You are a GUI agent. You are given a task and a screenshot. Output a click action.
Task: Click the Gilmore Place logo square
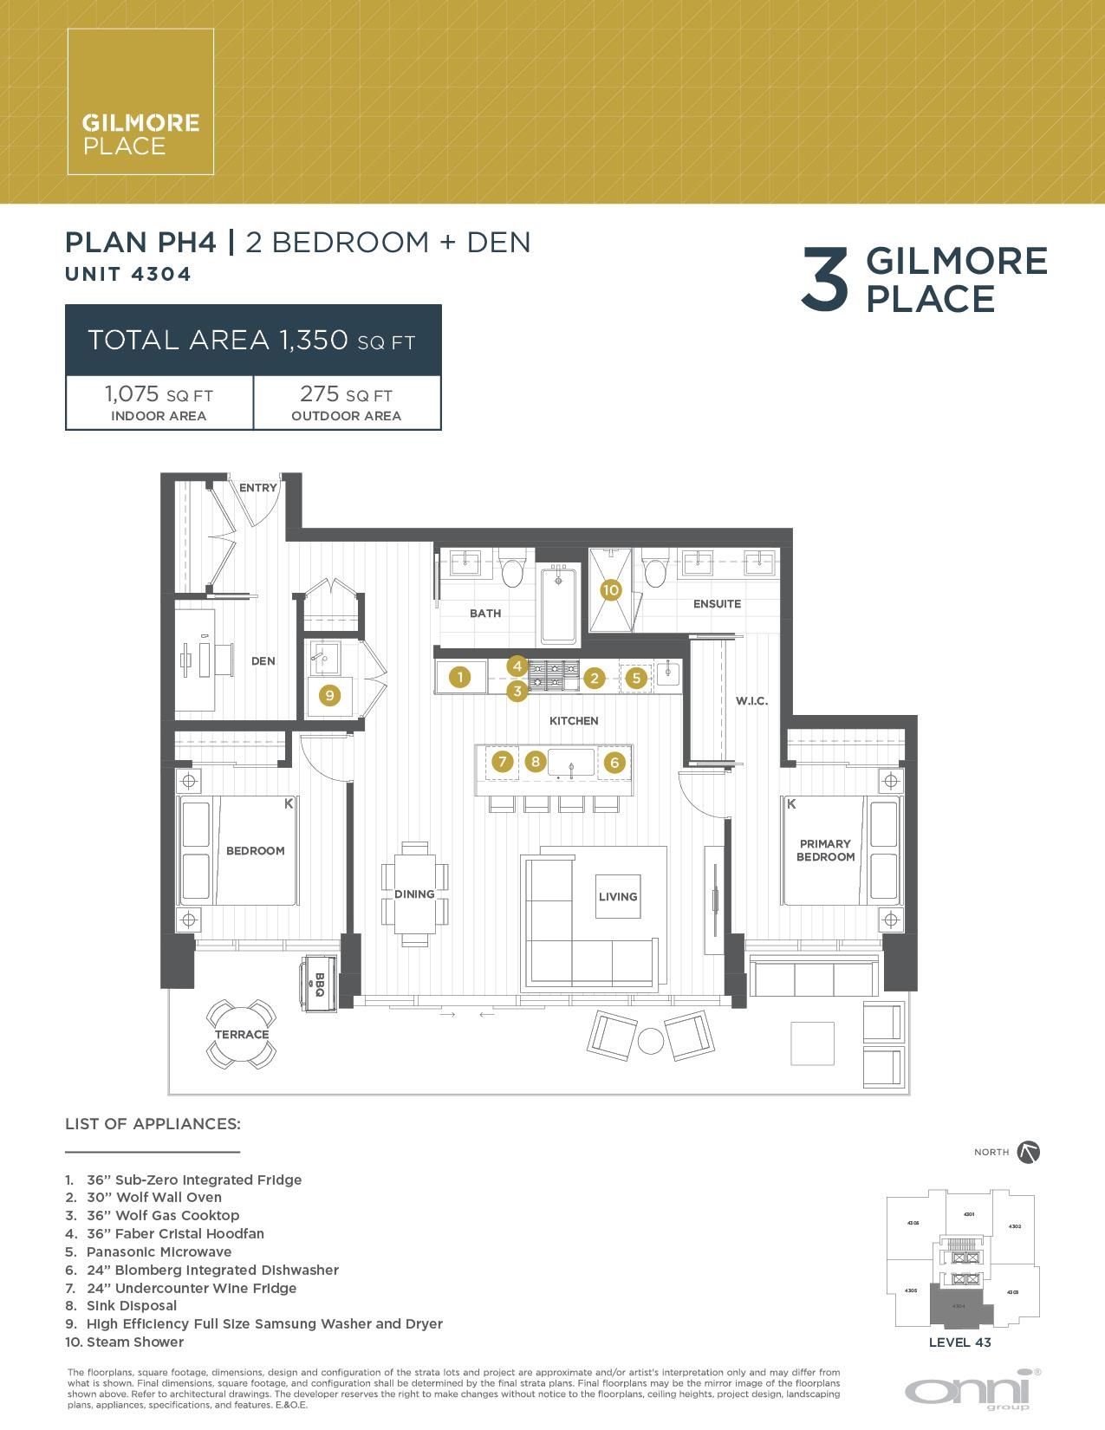point(140,101)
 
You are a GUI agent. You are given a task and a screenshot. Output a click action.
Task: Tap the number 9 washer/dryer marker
point(329,694)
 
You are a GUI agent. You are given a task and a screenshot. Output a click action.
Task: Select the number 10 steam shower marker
point(611,590)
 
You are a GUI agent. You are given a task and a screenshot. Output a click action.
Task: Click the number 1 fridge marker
point(460,677)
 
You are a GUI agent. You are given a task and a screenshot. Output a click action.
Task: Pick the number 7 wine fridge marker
point(502,762)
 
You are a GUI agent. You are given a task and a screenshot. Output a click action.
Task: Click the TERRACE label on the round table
point(242,1034)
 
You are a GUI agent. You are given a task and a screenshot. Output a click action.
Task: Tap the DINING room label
point(414,894)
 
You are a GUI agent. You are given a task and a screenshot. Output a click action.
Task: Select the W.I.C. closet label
point(751,701)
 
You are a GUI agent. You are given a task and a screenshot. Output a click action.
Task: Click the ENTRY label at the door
point(257,488)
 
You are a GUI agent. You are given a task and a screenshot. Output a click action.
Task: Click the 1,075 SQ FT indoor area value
point(159,395)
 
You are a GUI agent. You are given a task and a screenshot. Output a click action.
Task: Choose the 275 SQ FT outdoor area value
point(346,395)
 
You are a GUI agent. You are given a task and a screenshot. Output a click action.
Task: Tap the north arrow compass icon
point(1029,1152)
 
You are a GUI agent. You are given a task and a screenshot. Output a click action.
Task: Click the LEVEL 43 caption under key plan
point(959,1342)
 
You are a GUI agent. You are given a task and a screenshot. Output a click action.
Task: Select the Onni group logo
point(972,1389)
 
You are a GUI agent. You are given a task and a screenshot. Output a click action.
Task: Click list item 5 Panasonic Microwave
point(159,1251)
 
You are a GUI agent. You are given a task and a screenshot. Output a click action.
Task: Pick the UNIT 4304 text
point(128,274)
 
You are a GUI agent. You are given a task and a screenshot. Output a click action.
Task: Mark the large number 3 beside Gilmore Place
point(824,279)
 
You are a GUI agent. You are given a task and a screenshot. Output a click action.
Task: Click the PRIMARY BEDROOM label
point(825,850)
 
